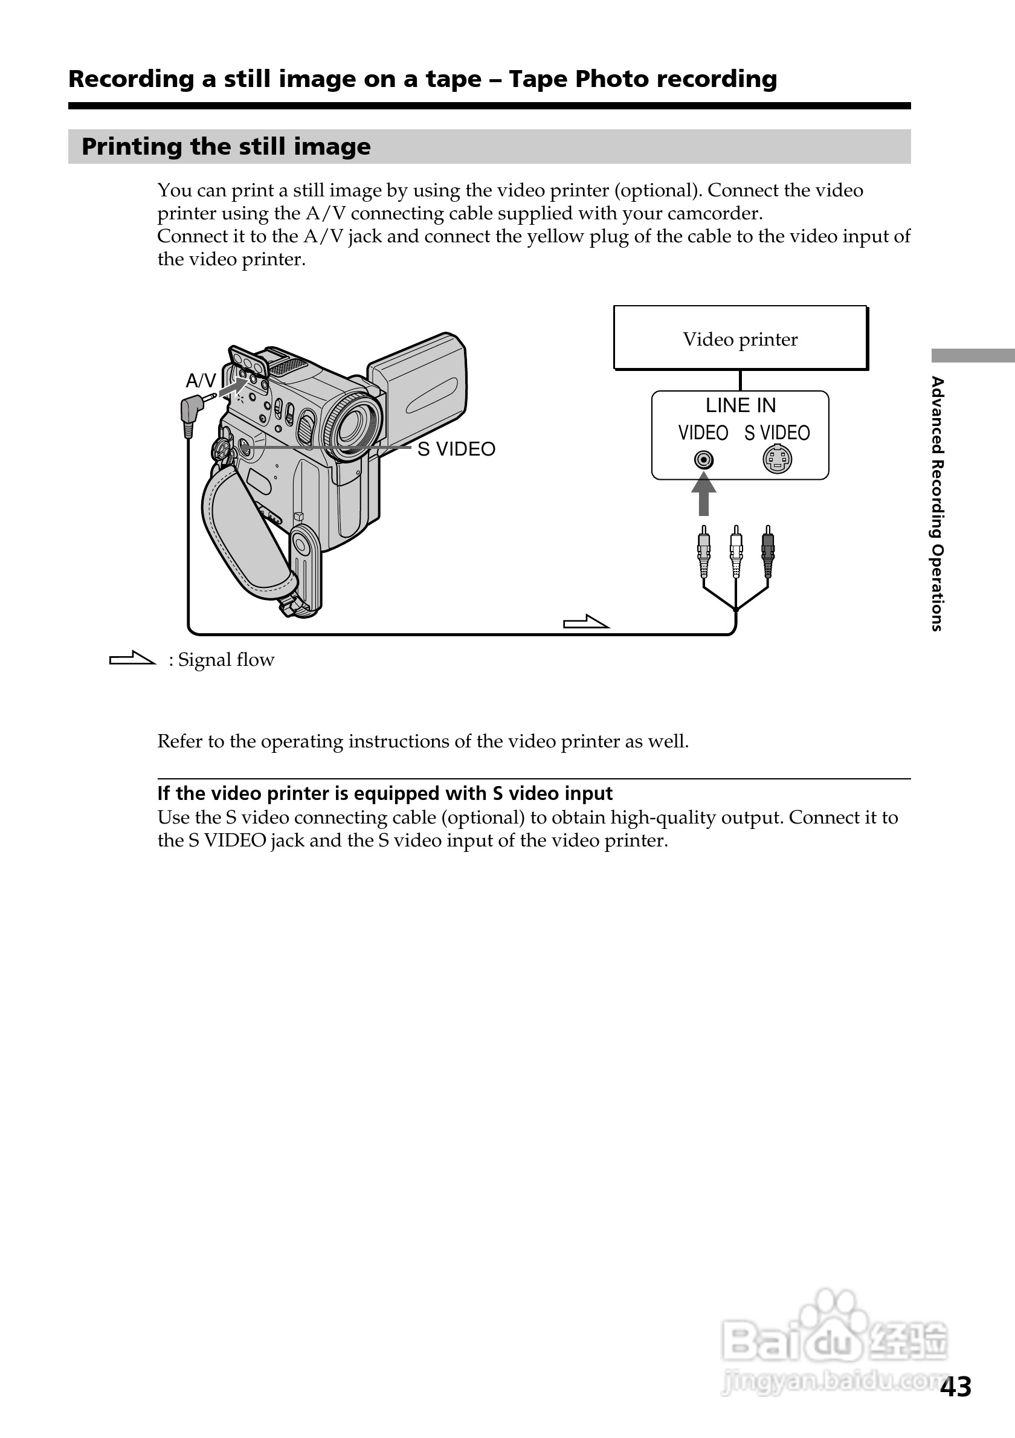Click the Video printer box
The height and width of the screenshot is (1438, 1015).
[x=740, y=338]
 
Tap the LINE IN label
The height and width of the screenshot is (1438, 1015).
[x=740, y=406]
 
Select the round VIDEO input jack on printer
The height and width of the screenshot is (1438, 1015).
[x=704, y=460]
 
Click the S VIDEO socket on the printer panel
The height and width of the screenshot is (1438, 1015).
[x=777, y=460]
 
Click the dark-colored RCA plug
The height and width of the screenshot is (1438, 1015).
[x=768, y=550]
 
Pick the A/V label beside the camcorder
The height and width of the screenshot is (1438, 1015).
[x=201, y=380]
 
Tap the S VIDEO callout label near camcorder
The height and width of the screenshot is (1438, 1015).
[x=456, y=449]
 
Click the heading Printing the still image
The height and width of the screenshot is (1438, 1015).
[x=226, y=147]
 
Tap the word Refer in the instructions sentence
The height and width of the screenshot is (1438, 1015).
[x=179, y=741]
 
